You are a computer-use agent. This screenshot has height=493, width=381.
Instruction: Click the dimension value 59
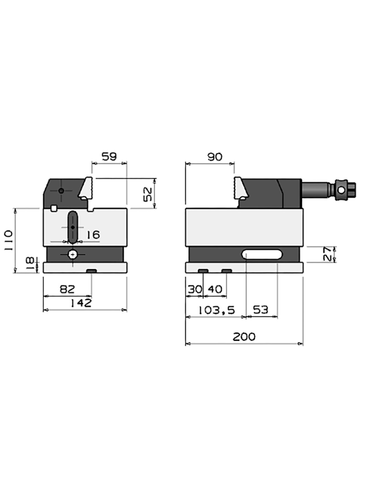pos(109,157)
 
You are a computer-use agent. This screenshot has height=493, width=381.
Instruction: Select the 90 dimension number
pos(215,157)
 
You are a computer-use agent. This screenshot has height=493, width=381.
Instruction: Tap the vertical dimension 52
pos(148,194)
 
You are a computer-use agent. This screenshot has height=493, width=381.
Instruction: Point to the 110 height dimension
pos(9,240)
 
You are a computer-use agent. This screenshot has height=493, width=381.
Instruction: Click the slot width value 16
pos(93,235)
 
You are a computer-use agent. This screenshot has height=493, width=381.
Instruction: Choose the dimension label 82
pos(67,289)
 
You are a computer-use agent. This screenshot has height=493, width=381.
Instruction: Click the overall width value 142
pos(81,303)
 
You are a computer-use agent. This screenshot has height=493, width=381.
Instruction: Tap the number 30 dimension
pos(194,289)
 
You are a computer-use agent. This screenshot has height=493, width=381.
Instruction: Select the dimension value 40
pos(215,289)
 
